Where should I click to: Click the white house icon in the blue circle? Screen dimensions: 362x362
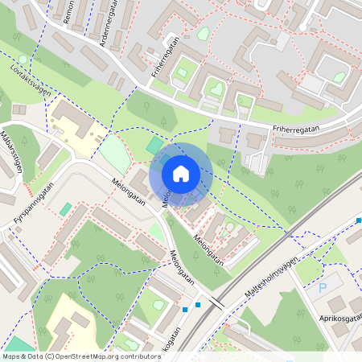[181, 173]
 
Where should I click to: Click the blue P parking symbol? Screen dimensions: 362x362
[323, 287]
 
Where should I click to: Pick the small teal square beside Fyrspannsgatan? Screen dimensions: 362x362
[65, 209]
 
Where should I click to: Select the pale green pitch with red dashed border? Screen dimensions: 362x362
[115, 154]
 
